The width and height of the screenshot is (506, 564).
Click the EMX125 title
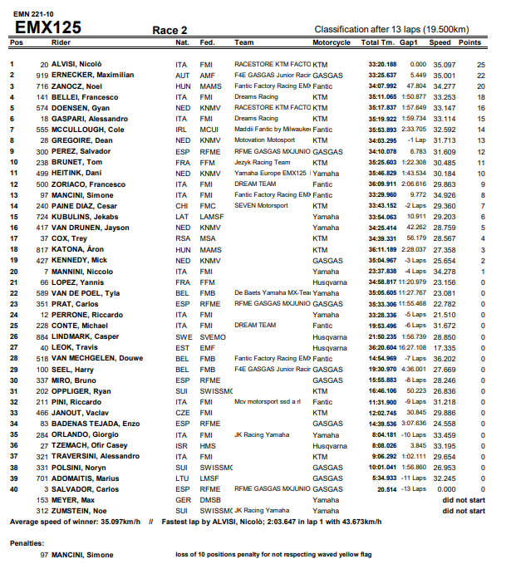tap(49, 27)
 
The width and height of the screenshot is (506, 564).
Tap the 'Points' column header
tap(470, 42)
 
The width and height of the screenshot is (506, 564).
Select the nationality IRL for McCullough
tap(182, 130)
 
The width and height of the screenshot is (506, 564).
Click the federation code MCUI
tap(209, 130)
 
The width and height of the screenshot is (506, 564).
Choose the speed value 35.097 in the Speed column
tap(442, 64)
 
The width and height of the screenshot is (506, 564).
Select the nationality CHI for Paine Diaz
tap(182, 206)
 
